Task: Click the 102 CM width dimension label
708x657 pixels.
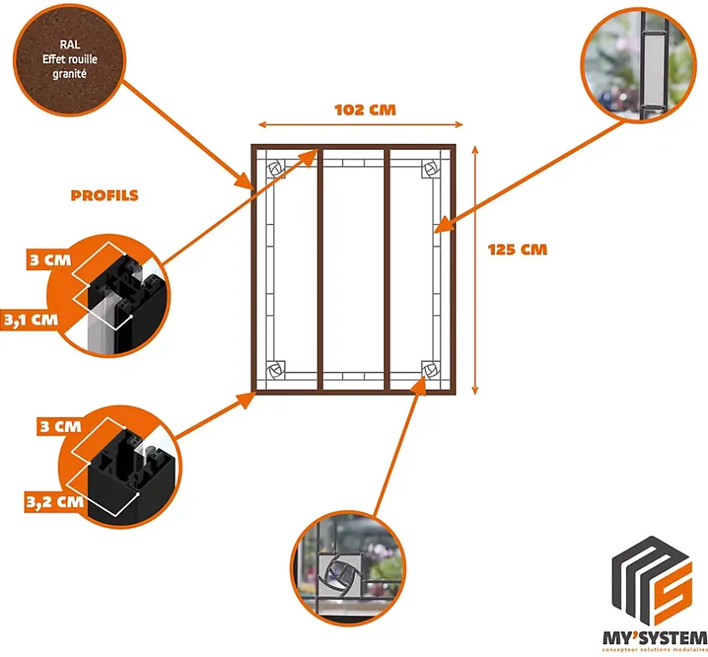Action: [365, 110]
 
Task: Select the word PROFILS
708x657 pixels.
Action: [105, 196]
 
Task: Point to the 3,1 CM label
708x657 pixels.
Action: [30, 319]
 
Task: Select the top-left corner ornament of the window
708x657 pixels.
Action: [276, 168]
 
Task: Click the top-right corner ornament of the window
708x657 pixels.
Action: [432, 168]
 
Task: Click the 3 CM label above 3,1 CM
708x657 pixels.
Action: [50, 261]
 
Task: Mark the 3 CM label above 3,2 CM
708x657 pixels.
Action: [59, 426]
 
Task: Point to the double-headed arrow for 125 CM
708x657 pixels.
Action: [475, 269]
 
